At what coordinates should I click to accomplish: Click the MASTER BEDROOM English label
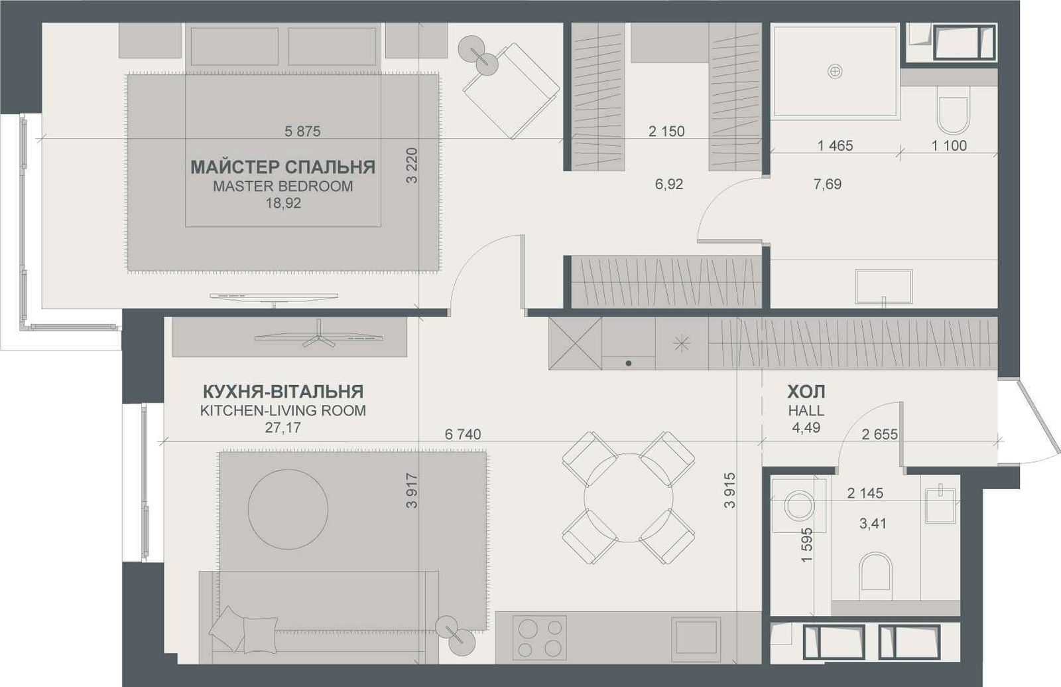tap(282, 187)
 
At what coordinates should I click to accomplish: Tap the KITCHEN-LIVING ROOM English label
tap(283, 411)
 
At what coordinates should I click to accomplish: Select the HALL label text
tap(806, 411)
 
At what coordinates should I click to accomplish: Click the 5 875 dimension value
tap(302, 131)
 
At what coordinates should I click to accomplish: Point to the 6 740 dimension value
tap(463, 434)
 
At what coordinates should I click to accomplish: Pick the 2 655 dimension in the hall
tap(879, 434)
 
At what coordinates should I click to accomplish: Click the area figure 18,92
tap(283, 203)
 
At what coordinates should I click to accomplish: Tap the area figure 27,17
tap(282, 427)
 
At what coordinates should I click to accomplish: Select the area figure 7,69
tap(828, 184)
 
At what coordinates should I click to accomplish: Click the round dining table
tap(628, 498)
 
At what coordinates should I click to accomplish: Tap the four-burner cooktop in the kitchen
tap(540, 638)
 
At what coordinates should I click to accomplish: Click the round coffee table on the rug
tap(288, 509)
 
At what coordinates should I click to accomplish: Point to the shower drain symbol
tap(835, 72)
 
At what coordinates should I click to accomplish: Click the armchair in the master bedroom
tap(511, 91)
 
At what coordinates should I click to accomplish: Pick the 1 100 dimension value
tap(949, 145)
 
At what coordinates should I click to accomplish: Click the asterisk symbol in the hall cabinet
tap(682, 343)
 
